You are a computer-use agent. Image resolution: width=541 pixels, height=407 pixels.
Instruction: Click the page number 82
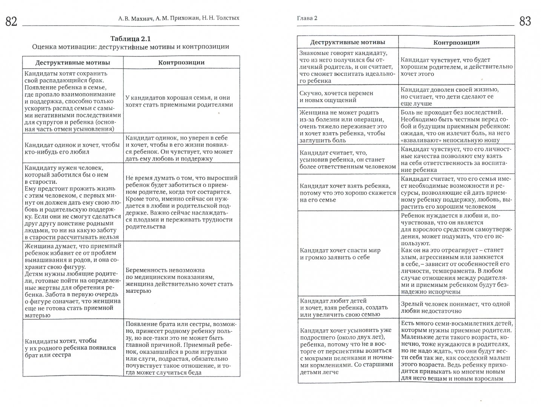click(12, 22)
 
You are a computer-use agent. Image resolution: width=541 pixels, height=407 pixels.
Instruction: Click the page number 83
click(525, 21)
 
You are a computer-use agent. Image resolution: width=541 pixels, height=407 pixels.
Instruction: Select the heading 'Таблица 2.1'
click(131, 39)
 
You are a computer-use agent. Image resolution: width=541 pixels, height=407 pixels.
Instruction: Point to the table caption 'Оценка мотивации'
click(131, 47)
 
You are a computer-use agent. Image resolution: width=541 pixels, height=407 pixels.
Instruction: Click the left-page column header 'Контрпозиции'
click(181, 63)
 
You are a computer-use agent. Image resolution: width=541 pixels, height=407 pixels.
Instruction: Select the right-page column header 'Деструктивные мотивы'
click(347, 42)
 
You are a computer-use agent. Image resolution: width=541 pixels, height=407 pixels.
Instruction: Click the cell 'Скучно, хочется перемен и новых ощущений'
click(336, 96)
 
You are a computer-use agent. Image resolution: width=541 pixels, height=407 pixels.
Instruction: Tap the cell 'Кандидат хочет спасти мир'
click(340, 254)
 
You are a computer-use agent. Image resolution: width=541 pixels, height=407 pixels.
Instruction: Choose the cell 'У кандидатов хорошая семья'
click(179, 101)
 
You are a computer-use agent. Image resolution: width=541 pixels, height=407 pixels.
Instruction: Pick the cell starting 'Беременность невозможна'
click(178, 280)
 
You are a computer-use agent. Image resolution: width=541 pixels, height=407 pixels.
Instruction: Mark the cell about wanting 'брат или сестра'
click(71, 348)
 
